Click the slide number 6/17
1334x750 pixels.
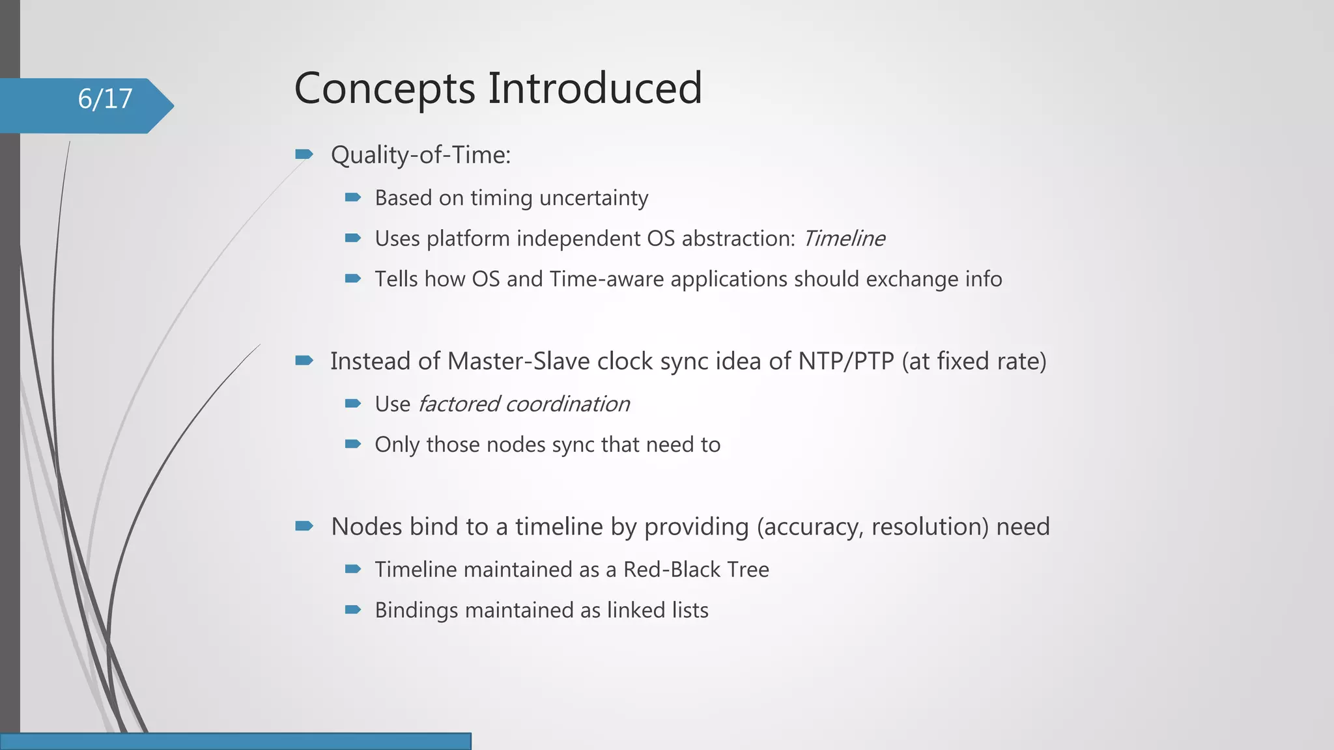[105, 99]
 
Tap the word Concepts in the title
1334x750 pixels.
[384, 89]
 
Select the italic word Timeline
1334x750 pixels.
[844, 239]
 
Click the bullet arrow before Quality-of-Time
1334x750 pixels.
[304, 154]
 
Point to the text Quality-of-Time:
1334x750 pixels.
[421, 156]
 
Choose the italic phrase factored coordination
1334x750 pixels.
[524, 404]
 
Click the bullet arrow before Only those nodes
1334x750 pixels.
[352, 444]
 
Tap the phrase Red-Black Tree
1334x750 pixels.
[696, 570]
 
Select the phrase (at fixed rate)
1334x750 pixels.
[974, 361]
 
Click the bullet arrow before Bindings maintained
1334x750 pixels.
[352, 610]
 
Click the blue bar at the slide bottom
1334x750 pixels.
[235, 741]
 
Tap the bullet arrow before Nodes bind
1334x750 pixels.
[304, 526]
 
